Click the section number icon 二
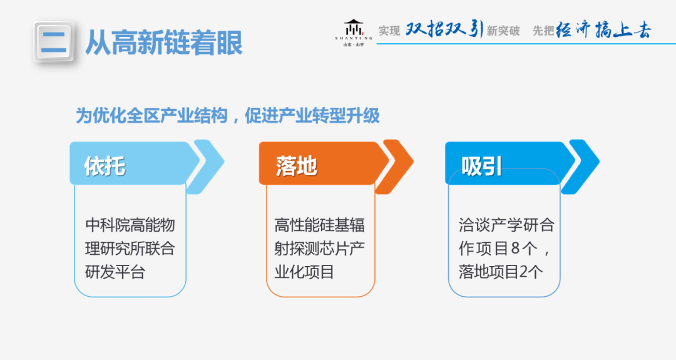pyautogui.click(x=54, y=42)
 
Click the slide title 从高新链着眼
pyautogui.click(x=163, y=43)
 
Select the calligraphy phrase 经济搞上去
pyautogui.click(x=603, y=29)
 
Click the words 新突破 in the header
pyautogui.click(x=503, y=31)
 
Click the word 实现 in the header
pyautogui.click(x=389, y=31)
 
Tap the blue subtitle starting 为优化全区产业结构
pyautogui.click(x=228, y=116)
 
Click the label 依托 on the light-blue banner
pyautogui.click(x=105, y=166)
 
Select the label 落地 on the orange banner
pyautogui.click(x=296, y=166)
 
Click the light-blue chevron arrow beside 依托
pyautogui.click(x=207, y=165)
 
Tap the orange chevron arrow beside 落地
pyautogui.click(x=397, y=165)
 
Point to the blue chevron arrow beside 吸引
pyautogui.click(x=583, y=165)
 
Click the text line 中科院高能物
pyautogui.click(x=130, y=225)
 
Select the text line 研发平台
pyautogui.click(x=115, y=272)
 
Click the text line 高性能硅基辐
pyautogui.click(x=319, y=225)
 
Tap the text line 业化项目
pyautogui.click(x=304, y=272)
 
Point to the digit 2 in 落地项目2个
pyautogui.click(x=524, y=272)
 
